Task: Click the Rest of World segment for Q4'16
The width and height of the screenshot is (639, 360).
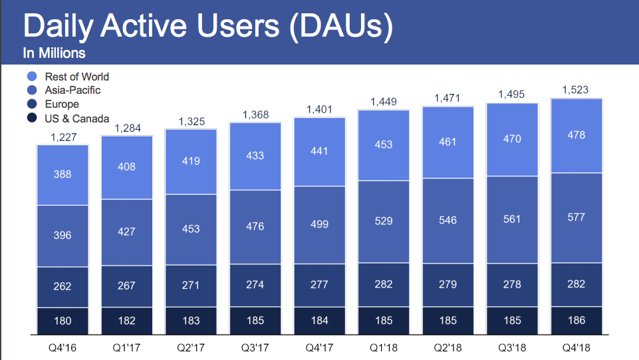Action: (63, 174)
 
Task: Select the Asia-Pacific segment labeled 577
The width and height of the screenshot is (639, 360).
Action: (576, 218)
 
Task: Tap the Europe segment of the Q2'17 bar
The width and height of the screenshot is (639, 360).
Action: (191, 285)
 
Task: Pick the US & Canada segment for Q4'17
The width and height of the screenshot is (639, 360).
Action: (319, 321)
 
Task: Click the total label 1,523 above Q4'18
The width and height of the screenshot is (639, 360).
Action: (576, 89)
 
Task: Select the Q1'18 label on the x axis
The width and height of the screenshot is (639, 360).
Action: (384, 347)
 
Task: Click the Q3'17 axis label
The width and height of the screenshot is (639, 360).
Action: (255, 347)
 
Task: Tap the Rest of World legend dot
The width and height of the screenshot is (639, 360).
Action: (31, 77)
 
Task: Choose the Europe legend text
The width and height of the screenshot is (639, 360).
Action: (62, 104)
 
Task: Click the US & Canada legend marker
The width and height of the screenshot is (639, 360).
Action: (31, 119)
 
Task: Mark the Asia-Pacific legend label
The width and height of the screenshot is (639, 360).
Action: (73, 90)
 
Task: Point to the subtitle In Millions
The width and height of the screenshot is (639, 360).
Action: (55, 53)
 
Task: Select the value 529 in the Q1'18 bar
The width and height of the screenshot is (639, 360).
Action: (384, 221)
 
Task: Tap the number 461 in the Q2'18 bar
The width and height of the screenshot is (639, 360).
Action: (447, 142)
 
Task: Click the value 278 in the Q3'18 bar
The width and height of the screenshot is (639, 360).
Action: (512, 284)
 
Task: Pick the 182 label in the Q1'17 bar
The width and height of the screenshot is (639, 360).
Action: (126, 321)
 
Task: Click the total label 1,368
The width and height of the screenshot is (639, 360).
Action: (255, 114)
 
